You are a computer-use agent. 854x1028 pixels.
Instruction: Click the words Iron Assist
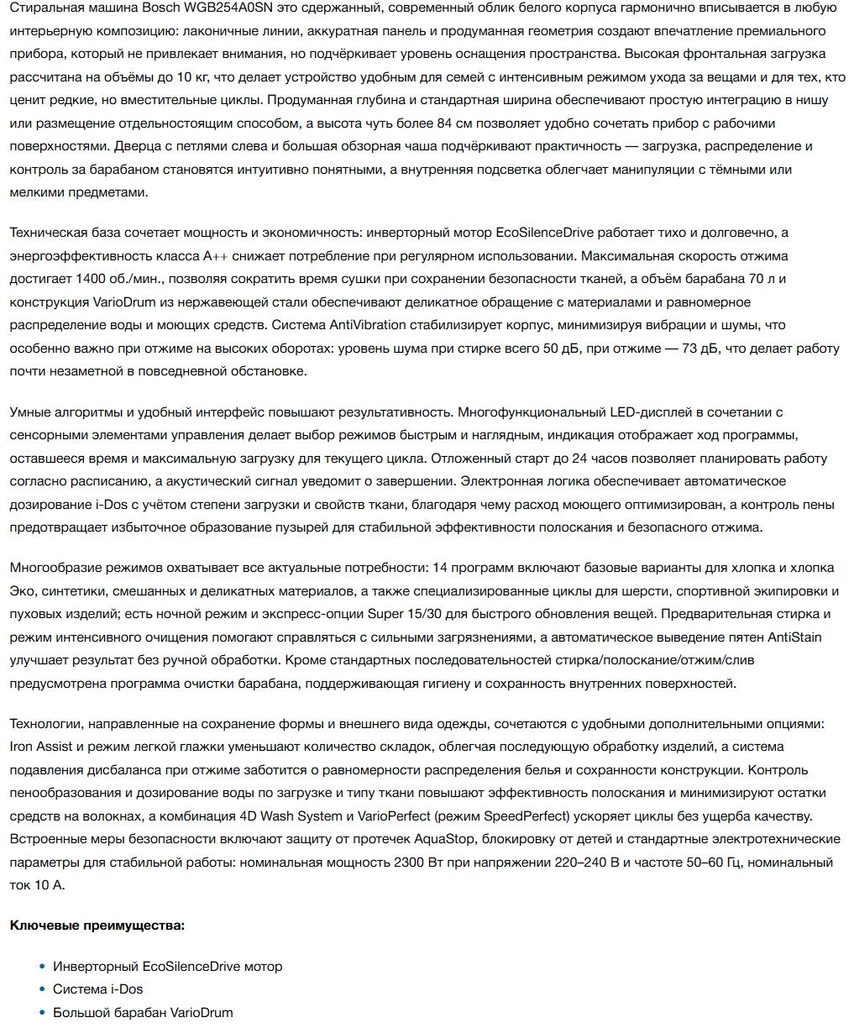coord(43,747)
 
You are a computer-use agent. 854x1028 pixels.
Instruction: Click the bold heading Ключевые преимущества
coord(97,926)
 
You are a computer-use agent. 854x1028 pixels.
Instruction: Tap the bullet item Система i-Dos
coord(98,989)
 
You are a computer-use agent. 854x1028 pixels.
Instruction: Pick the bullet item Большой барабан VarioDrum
coord(143,1013)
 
